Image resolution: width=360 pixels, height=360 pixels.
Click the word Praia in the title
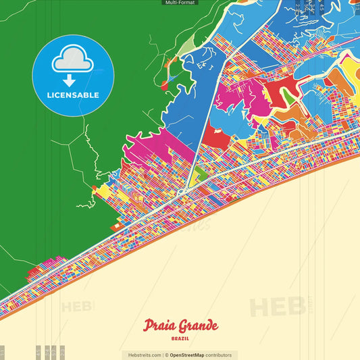[159, 326]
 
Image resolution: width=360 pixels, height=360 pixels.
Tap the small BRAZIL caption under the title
[180, 337]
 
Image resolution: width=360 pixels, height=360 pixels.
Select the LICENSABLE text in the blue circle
[73, 95]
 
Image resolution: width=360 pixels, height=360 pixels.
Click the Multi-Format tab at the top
[180, 3]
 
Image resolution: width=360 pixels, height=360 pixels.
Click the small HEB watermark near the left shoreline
[76, 307]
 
